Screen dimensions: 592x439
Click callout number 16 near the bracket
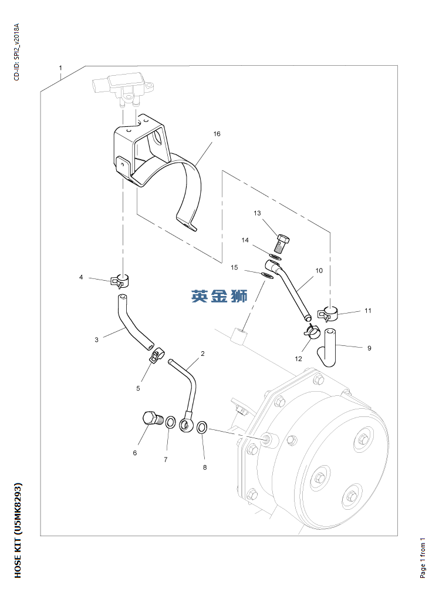pyautogui.click(x=217, y=134)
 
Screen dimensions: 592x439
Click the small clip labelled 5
pyautogui.click(x=154, y=355)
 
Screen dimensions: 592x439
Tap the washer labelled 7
pyautogui.click(x=170, y=422)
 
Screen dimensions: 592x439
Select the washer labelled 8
pyautogui.click(x=201, y=426)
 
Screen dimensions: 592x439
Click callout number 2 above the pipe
pyautogui.click(x=202, y=354)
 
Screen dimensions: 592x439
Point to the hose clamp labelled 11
pyautogui.click(x=329, y=314)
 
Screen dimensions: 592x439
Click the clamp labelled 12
pyautogui.click(x=311, y=333)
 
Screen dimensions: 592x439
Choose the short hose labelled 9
pyautogui.click(x=327, y=346)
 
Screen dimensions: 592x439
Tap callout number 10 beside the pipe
pyautogui.click(x=319, y=271)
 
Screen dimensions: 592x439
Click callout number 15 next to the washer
pyautogui.click(x=234, y=267)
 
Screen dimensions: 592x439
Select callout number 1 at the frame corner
pyautogui.click(x=60, y=68)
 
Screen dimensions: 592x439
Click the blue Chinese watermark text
pyautogui.click(x=219, y=295)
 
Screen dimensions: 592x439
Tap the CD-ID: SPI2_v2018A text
pyautogui.click(x=17, y=52)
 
